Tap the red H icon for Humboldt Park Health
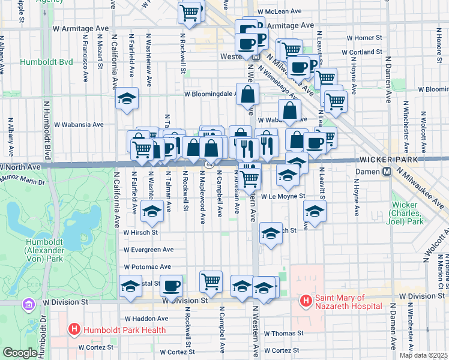click(x=74, y=329)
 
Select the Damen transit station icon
click(x=388, y=171)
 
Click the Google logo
click(x=19, y=353)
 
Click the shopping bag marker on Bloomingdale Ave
click(x=248, y=94)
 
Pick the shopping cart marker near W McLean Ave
click(x=190, y=12)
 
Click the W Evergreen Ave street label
click(x=149, y=250)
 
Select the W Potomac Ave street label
click(x=148, y=267)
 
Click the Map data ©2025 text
click(x=424, y=355)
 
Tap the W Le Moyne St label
click(x=283, y=196)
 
